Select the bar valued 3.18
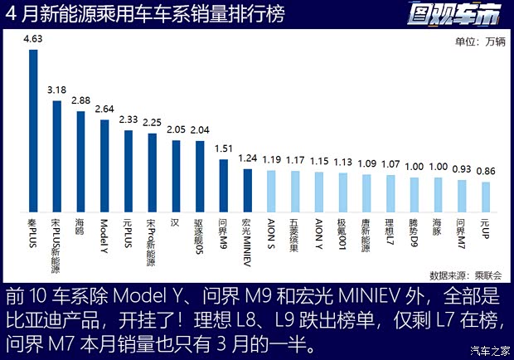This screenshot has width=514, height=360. tap(57, 157)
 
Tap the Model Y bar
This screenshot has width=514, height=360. tap(104, 167)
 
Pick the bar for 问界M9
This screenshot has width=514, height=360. tap(224, 187)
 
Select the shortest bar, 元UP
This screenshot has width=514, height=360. tap(486, 198)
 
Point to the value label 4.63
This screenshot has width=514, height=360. tap(33, 39)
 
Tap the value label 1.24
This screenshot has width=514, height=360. tap(247, 158)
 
